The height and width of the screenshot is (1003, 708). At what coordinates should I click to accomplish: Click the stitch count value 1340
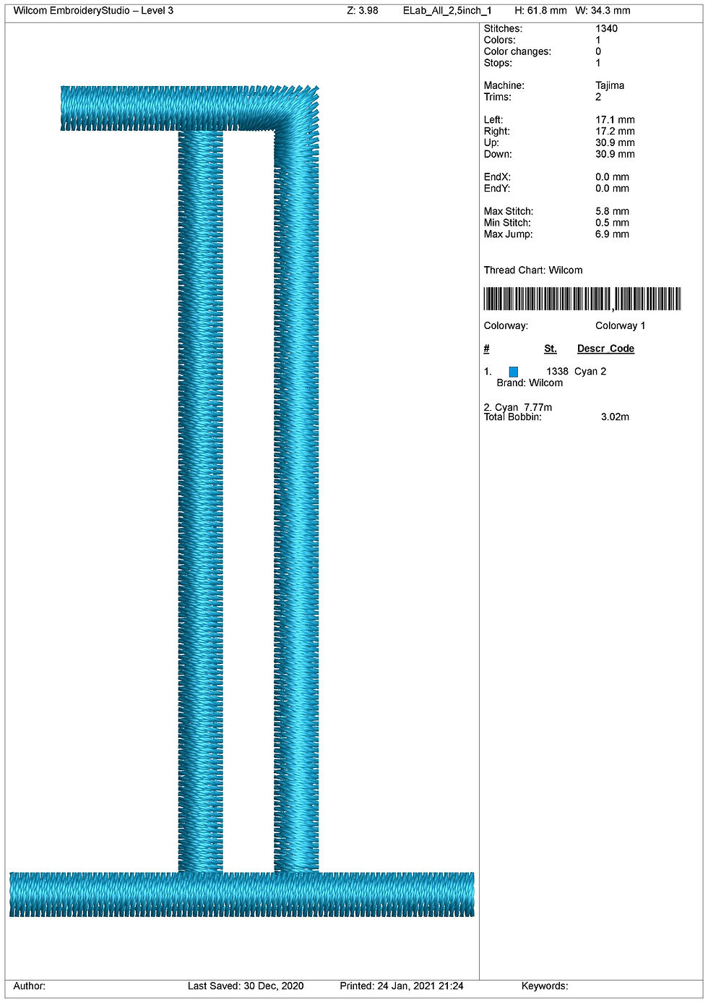(x=606, y=29)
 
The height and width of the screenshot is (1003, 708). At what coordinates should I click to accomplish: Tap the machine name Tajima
(x=610, y=85)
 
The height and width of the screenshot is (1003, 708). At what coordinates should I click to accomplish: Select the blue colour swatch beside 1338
(x=514, y=372)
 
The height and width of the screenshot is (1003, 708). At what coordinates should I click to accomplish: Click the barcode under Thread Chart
(x=582, y=299)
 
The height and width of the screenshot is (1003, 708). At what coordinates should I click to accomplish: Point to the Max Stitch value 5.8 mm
(x=612, y=211)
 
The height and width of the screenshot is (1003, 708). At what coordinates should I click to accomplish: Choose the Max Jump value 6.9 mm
(x=612, y=234)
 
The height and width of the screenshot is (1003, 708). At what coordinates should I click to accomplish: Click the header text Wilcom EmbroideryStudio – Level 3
(x=93, y=10)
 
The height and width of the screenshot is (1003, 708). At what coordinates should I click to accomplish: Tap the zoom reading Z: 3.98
(x=362, y=10)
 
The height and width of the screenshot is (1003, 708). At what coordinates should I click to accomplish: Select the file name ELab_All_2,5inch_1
(x=447, y=11)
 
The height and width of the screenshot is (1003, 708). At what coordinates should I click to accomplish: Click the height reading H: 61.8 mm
(x=540, y=10)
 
